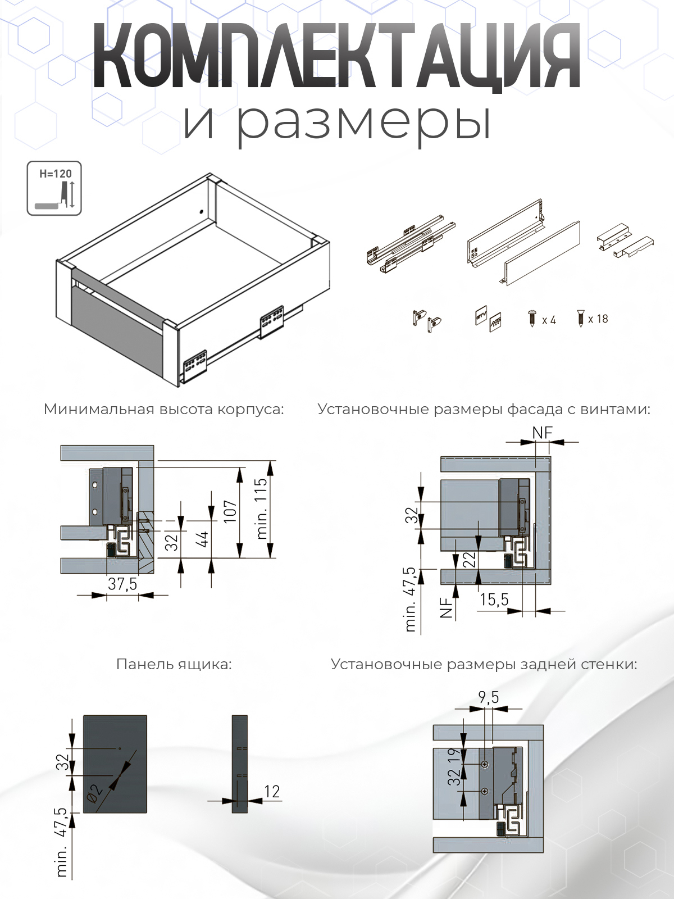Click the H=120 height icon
click(54, 188)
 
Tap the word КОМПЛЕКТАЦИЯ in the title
click(336, 57)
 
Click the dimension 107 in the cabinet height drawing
click(231, 511)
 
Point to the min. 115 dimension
click(262, 508)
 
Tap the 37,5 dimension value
click(122, 584)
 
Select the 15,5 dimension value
click(494, 600)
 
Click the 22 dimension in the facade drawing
click(470, 560)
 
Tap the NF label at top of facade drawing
click(543, 432)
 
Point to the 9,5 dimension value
click(488, 697)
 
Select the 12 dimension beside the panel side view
click(272, 792)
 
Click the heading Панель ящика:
click(174, 664)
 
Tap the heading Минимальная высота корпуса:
click(163, 409)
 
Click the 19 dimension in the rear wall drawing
click(454, 755)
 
